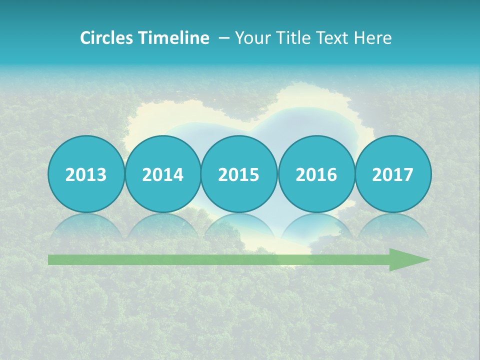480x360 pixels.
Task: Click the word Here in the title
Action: (x=373, y=38)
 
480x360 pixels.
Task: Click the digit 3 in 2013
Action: (x=101, y=175)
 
